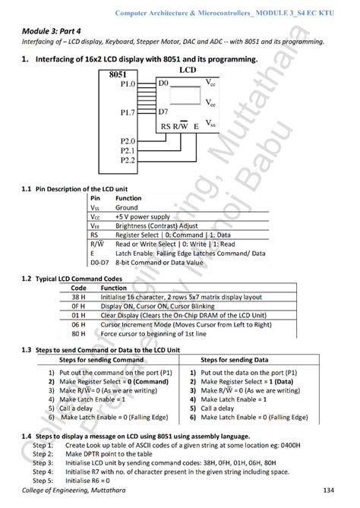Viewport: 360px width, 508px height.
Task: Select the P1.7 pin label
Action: click(128, 112)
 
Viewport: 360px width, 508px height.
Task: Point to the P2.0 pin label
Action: click(127, 141)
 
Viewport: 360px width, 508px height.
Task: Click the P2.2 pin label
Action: click(127, 159)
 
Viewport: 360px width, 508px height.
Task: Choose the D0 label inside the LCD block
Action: click(164, 80)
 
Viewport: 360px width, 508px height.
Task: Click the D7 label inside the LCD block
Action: click(164, 112)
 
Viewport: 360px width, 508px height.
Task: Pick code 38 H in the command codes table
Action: click(79, 298)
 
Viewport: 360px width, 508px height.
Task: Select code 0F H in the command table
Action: click(79, 308)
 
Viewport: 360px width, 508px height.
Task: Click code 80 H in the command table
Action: click(79, 333)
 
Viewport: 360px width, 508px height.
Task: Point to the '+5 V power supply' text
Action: click(144, 216)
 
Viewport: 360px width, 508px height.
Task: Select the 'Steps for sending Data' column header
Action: click(238, 360)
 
